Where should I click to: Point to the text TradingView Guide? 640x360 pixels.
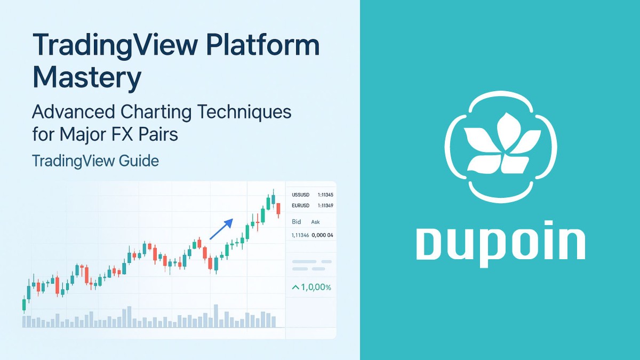(95, 161)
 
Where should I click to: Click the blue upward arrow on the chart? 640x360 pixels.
(221, 229)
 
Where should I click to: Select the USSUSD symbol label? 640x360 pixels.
(302, 195)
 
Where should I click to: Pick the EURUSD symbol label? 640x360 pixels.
(302, 205)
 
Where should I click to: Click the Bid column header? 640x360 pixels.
(297, 221)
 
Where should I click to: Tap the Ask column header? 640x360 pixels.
(316, 221)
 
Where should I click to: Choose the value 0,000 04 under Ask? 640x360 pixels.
(322, 235)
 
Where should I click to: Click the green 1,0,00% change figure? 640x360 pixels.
(311, 287)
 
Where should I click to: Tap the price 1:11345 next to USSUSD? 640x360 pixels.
(325, 195)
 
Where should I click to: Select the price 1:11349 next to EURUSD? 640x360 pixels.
(325, 205)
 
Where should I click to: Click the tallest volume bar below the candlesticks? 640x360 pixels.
(216, 316)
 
